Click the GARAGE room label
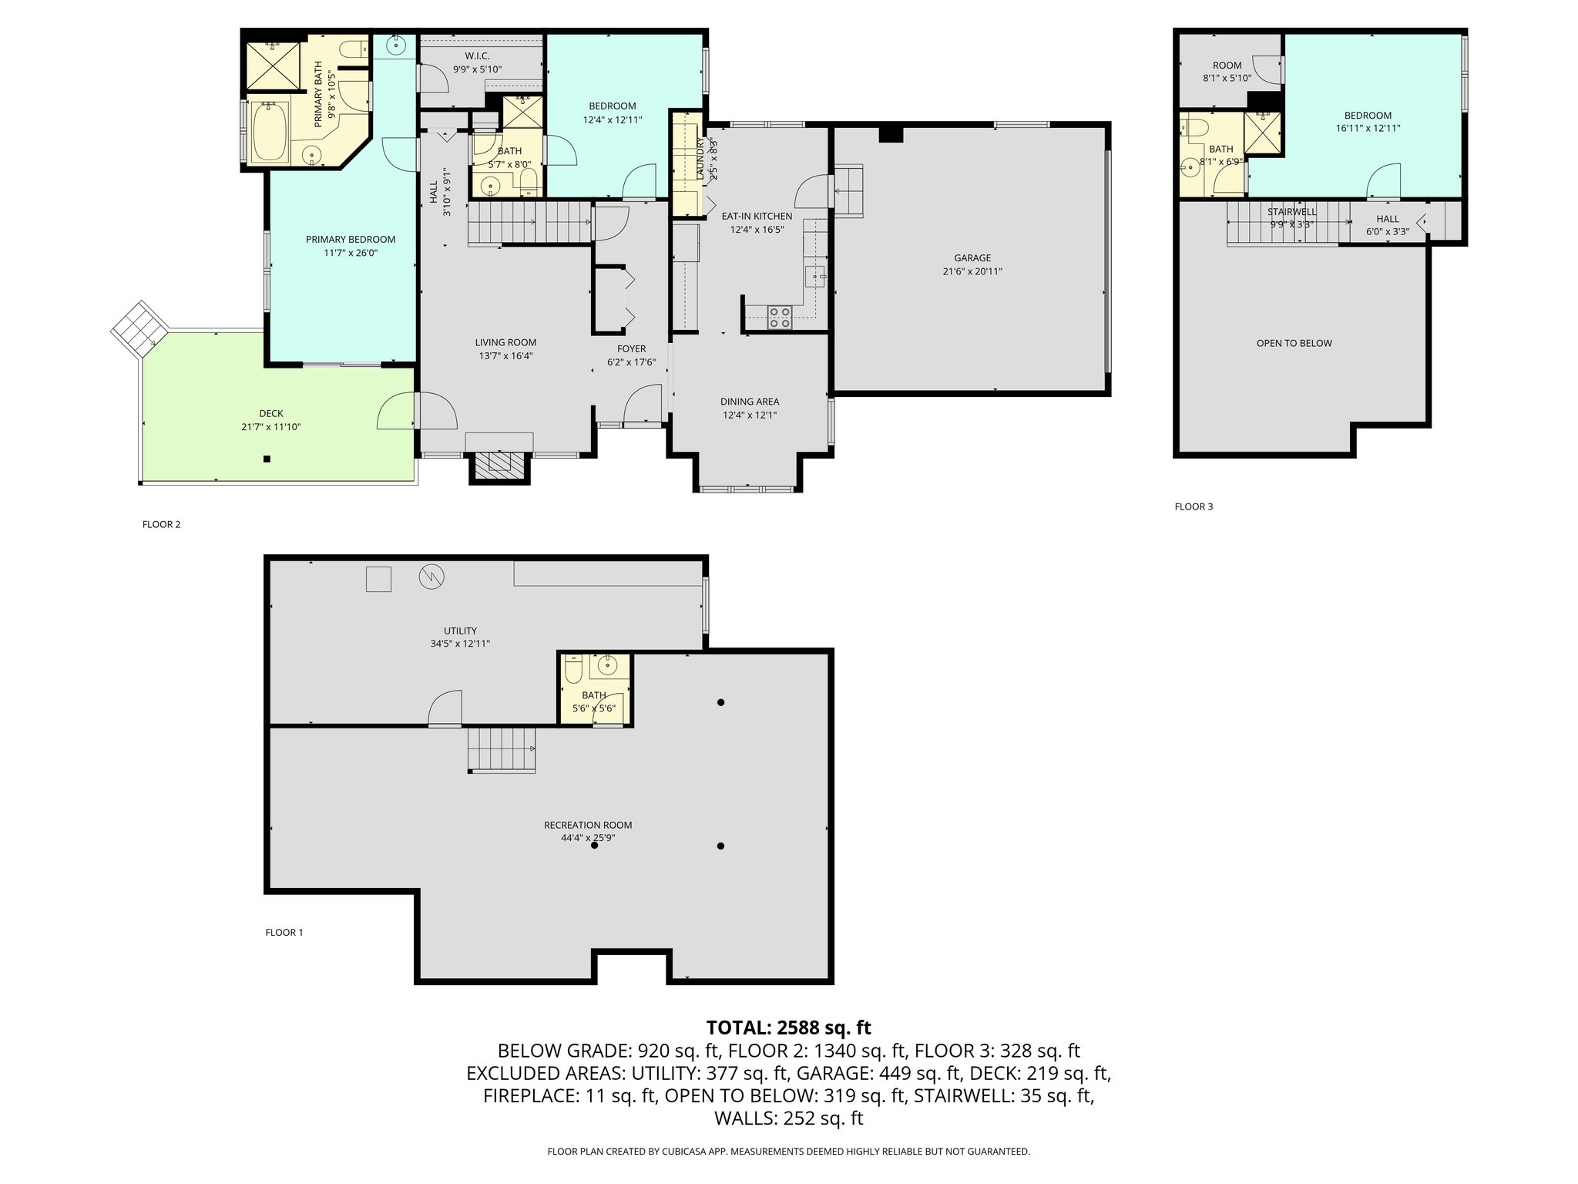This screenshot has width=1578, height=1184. pos(972,258)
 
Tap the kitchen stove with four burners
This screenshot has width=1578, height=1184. pos(781,317)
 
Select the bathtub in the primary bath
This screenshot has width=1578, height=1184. pos(270,132)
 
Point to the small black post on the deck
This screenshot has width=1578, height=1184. pos(267,459)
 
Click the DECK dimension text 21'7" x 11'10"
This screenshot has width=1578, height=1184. pos(270,426)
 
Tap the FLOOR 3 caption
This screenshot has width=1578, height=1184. pos(1193,506)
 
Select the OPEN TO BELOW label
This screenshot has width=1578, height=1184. pos(1294,343)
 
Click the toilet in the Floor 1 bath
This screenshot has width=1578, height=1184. pos(572,669)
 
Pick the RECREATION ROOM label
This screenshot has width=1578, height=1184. pos(587,825)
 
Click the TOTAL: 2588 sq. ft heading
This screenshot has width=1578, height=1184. pos(788,1028)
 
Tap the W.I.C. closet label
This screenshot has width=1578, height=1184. pos(477,56)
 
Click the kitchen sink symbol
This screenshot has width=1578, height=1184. pos(815,275)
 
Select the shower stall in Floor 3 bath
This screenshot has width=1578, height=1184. pos(1262,129)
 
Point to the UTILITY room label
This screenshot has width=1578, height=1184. pos(460,631)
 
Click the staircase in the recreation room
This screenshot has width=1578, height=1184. pos(501,749)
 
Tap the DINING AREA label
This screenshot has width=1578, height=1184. pos(749,402)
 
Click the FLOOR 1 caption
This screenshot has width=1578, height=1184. pos(284,932)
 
